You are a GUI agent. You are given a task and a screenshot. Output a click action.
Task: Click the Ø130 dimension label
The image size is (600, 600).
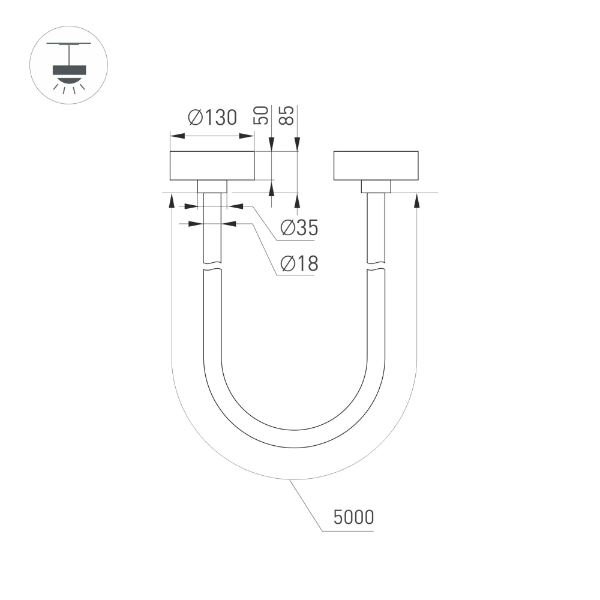click(x=212, y=118)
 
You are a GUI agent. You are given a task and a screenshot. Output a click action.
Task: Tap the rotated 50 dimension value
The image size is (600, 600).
click(x=262, y=115)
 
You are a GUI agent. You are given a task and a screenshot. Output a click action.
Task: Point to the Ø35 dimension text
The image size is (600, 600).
click(x=299, y=228)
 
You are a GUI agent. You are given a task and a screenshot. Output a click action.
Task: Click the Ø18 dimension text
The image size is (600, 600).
click(x=299, y=263)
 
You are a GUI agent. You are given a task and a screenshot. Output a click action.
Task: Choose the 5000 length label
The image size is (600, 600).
click(x=353, y=517)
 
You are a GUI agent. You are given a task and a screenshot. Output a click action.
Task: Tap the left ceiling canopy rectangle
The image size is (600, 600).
click(x=212, y=166)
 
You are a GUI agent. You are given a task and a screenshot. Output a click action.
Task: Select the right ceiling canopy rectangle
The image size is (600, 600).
click(x=376, y=166)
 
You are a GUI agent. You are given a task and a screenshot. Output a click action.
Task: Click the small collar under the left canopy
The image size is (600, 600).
click(x=212, y=186)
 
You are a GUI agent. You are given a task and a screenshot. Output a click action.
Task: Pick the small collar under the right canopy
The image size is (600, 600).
click(x=376, y=186)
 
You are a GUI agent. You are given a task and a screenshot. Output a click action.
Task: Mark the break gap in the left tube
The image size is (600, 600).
click(x=212, y=267)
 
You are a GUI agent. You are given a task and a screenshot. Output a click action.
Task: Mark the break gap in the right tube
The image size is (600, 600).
click(x=376, y=267)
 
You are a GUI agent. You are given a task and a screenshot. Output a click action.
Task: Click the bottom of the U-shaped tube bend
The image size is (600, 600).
click(x=294, y=439)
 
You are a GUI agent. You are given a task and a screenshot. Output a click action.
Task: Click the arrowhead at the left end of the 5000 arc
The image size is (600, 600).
click(x=172, y=200)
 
